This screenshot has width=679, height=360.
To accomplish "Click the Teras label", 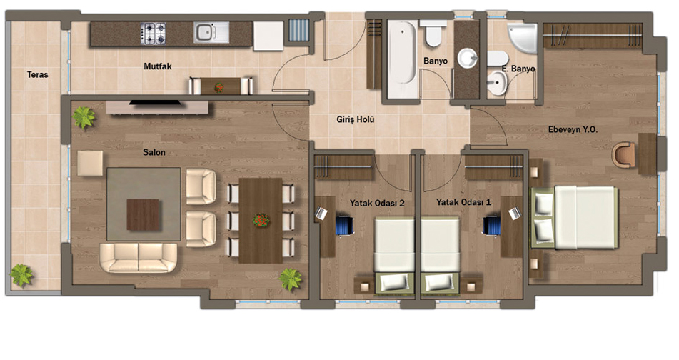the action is coord(37,74).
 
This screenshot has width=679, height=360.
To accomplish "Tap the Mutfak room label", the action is coord(158,66).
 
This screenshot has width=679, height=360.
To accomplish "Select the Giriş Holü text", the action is coord(355,119).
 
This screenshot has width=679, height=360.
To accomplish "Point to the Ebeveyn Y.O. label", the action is coord(573,129).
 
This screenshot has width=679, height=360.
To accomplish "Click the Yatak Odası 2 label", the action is coord(377,203).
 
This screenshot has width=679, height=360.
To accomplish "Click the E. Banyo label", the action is coord(518,69).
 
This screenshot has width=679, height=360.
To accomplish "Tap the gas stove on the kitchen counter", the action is coord(153,34).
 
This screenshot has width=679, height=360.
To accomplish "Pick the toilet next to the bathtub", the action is coord(433,34).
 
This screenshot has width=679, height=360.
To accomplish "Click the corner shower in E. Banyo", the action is coord(522,38).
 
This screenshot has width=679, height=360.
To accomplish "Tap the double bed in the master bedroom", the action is coord(575,217).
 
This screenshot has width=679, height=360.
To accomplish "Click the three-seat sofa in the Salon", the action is coord(138,257).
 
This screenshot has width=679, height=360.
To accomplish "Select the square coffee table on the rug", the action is coord(143,214).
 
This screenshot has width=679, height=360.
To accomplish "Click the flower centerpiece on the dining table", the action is coord(261,220).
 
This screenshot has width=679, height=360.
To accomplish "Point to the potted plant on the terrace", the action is coord(21,276).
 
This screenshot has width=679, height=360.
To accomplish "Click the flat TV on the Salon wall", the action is coord(155,103).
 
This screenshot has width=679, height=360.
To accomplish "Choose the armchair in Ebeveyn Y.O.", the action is coord(623,154).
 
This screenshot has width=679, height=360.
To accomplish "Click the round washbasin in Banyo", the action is coord(467,59).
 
